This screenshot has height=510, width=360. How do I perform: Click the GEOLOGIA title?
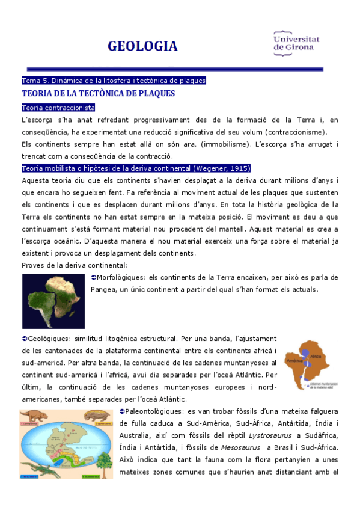point(142,46)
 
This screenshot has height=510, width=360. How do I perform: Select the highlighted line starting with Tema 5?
point(114,80)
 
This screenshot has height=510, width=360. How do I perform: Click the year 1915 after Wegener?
point(239,168)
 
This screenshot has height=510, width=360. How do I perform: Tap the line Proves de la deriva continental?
point(74,265)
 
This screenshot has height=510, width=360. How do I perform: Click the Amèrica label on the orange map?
point(294,360)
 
